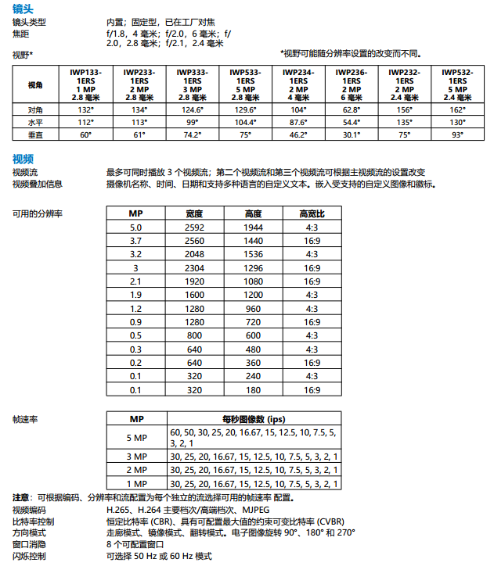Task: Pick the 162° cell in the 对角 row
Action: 457,110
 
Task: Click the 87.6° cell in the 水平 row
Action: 298,123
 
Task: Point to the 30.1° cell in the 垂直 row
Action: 352,135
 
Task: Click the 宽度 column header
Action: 194,213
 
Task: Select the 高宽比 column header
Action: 312,213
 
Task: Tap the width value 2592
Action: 194,227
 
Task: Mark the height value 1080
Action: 253,281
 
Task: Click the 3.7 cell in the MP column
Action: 135,240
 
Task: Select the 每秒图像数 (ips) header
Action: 254,419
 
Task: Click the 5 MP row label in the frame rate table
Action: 136,437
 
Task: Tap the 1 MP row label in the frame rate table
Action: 136,483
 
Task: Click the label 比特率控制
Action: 34,521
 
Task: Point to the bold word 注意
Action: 22,497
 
